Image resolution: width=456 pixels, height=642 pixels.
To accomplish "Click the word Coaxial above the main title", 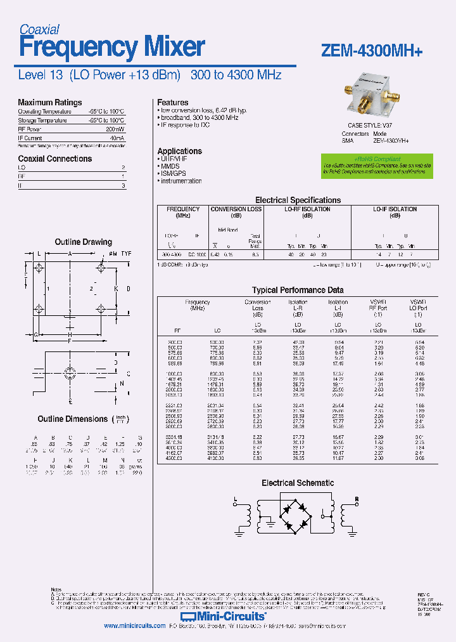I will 39,29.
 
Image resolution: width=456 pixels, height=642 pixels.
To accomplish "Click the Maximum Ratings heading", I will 49,102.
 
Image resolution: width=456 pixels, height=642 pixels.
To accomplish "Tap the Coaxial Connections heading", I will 54,159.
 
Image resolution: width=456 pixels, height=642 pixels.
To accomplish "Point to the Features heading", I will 172,102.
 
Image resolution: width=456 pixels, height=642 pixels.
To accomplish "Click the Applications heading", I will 179,151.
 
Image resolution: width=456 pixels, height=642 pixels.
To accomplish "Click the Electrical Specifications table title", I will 298,200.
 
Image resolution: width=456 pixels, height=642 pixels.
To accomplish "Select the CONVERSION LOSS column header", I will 236,209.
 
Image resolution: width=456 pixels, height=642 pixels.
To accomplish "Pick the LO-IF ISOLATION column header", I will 395,209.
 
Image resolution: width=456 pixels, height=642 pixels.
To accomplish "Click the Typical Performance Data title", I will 298,290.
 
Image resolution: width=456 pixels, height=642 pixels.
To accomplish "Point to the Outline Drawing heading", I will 83,242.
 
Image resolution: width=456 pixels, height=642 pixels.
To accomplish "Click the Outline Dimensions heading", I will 73,419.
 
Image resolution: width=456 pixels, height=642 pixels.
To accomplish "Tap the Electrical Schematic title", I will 298,483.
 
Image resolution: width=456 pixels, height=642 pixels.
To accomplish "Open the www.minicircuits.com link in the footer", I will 135,626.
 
